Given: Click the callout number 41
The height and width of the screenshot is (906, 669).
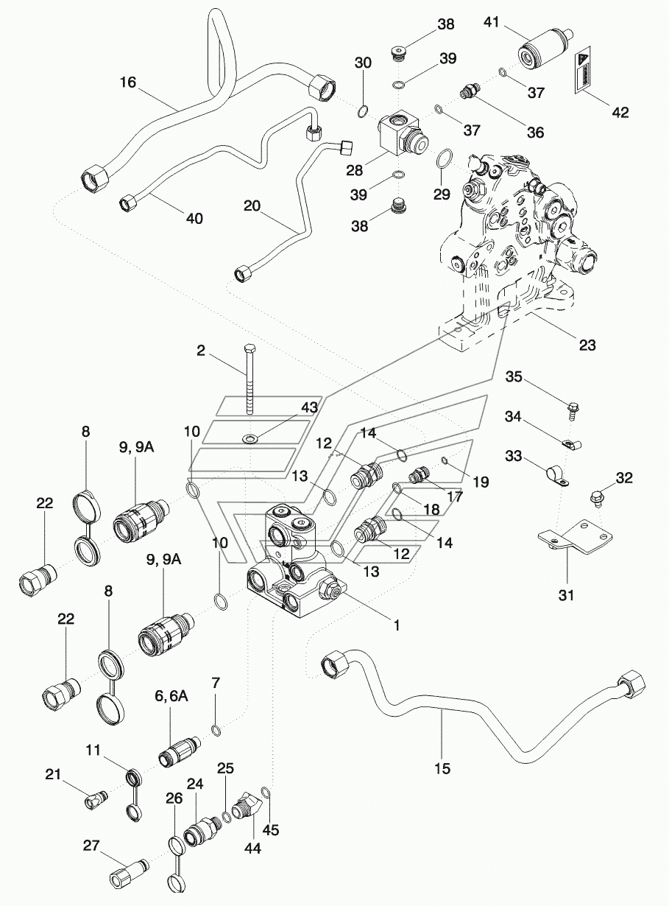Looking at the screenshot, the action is (492, 22).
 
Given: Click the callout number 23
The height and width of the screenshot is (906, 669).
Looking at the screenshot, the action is (587, 345).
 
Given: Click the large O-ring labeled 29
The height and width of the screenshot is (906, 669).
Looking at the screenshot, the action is (444, 158).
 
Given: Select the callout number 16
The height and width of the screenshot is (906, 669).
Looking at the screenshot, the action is (128, 82).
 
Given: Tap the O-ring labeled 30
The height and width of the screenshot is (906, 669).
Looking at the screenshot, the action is (363, 110).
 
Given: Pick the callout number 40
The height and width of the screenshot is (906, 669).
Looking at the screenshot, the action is (194, 219).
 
